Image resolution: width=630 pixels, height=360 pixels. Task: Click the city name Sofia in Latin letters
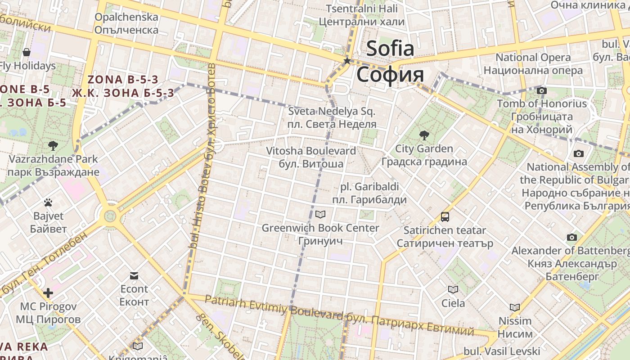pos(390,48)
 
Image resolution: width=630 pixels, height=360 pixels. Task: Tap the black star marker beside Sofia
pos(347,61)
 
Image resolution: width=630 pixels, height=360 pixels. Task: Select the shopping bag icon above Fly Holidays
pos(27,52)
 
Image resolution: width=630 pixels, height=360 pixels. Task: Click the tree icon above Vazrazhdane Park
pos(53,145)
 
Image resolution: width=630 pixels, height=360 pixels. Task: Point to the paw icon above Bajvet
pos(48,202)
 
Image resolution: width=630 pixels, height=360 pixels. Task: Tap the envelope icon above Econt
pos(134,275)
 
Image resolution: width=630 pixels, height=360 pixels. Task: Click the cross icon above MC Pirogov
pos(48,293)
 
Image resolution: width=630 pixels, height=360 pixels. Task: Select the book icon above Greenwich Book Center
pos(320,214)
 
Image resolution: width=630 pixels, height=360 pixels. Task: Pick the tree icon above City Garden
pos(424,135)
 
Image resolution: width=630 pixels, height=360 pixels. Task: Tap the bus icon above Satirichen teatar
pos(445,217)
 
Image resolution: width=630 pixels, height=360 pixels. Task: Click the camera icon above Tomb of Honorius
pos(542,90)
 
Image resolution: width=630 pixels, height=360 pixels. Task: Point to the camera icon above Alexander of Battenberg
pos(571,237)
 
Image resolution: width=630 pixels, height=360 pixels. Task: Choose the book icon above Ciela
pos(453,289)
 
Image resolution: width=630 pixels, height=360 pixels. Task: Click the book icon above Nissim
pos(515,307)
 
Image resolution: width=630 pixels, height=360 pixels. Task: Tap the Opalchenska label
pos(126,17)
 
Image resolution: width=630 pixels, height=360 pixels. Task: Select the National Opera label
pos(533,58)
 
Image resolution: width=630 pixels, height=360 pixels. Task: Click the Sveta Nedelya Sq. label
pos(332,111)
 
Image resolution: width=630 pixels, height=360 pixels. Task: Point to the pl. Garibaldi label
pos(369,186)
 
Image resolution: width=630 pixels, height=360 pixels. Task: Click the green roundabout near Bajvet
pos(110,216)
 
